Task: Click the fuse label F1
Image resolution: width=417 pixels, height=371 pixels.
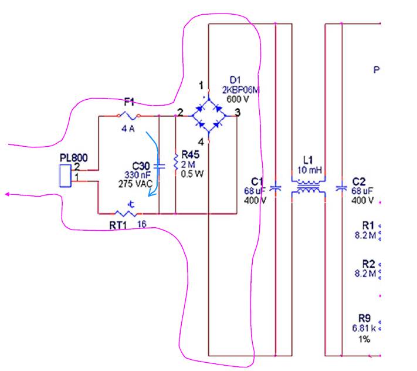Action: click(129, 102)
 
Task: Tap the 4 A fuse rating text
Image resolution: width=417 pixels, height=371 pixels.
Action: click(128, 129)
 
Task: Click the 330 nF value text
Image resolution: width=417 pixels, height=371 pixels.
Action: click(137, 176)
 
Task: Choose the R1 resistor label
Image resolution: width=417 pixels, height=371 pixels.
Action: click(368, 225)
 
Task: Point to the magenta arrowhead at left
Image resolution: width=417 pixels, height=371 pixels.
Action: click(7, 195)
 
